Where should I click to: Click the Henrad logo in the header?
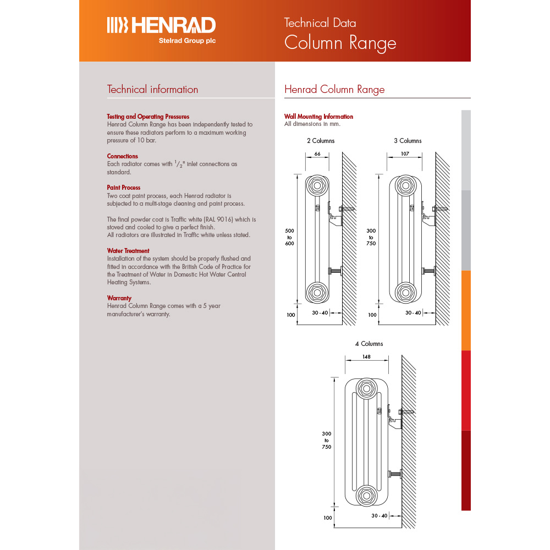[x=161, y=25]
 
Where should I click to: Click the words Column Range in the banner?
[x=339, y=43]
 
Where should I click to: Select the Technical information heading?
[x=152, y=90]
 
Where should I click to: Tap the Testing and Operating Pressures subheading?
[x=148, y=117]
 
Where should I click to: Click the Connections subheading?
[x=122, y=156]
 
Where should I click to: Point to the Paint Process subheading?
[x=123, y=188]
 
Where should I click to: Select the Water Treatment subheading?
[x=128, y=251]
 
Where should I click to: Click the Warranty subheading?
[x=119, y=298]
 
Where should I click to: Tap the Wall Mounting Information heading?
[x=318, y=117]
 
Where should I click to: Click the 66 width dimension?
[x=317, y=154]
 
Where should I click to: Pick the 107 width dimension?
[x=405, y=154]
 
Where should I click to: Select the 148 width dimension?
[x=366, y=357]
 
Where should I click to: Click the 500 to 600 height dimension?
[x=290, y=237]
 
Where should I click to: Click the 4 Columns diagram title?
[x=369, y=344]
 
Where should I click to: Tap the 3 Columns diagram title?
[x=408, y=141]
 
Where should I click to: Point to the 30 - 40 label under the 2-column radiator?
[x=320, y=313]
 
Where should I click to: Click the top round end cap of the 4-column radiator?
[x=365, y=389]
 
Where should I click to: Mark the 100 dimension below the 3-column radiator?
[x=372, y=315]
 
